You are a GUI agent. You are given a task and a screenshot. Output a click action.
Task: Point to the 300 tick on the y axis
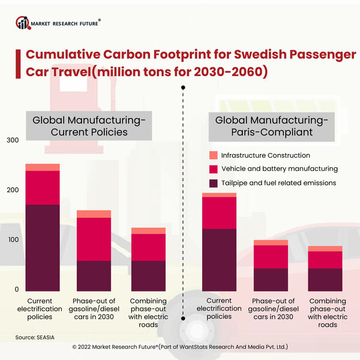(x=11, y=140)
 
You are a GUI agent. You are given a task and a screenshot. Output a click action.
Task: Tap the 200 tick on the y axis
(x=11, y=190)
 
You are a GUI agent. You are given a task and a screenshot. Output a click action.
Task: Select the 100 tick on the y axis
(x=11, y=240)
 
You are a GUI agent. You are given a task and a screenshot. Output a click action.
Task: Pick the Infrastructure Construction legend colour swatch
(x=212, y=155)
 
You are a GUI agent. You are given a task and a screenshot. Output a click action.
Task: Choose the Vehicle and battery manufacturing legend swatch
(x=212, y=169)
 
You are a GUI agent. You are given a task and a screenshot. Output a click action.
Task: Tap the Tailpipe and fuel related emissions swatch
(x=212, y=183)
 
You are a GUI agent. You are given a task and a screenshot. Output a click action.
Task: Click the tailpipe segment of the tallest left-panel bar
(x=43, y=247)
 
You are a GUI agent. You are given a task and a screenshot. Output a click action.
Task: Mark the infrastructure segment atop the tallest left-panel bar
(x=43, y=167)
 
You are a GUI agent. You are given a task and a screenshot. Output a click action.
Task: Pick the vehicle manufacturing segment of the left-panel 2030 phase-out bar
(x=94, y=239)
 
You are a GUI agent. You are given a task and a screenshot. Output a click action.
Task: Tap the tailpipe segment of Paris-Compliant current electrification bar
(x=220, y=259)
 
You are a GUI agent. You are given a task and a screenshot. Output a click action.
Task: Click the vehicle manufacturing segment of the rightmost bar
(x=325, y=260)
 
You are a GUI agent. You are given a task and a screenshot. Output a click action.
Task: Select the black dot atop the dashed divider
(x=183, y=88)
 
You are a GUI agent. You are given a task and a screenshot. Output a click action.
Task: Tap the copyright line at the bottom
(x=180, y=347)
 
